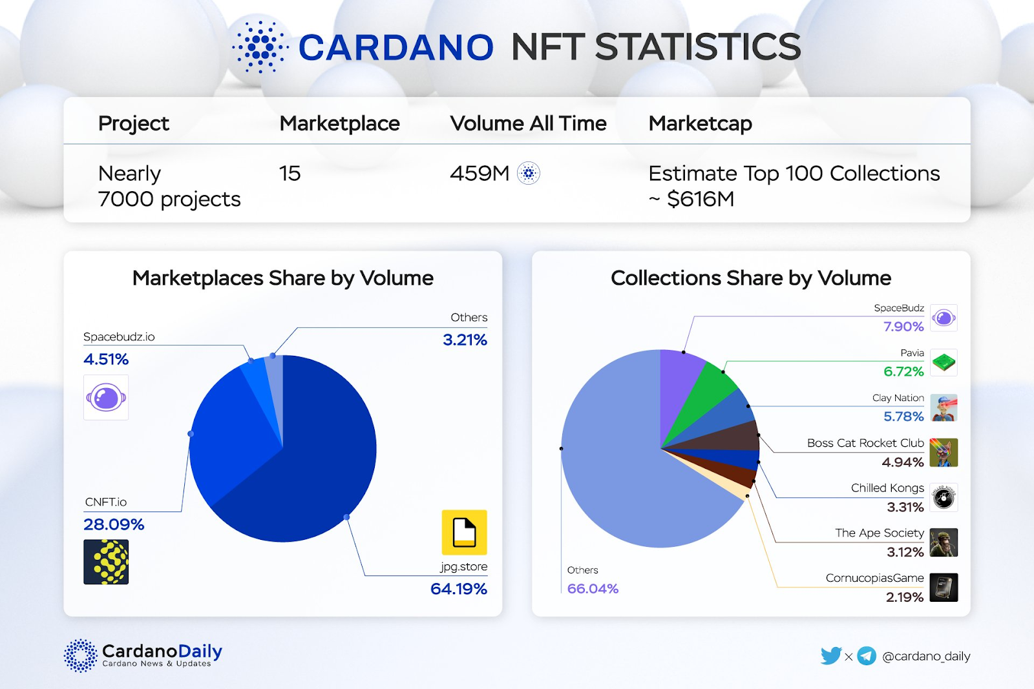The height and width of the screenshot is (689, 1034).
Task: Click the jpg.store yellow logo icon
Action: coord(464,532)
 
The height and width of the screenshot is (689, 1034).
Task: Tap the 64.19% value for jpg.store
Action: coord(458,589)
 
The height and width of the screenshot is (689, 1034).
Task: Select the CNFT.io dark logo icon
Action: coord(106,562)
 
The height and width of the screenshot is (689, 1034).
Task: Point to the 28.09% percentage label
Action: coord(114,524)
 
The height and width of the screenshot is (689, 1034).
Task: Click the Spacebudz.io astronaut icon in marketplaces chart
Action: coord(106,397)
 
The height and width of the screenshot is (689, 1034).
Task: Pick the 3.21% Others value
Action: coord(465,340)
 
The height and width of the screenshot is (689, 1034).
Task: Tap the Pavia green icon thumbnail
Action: coord(944,362)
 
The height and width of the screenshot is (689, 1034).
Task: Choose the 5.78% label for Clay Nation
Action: coord(903,416)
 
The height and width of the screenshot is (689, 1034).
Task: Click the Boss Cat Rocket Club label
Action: coord(865,443)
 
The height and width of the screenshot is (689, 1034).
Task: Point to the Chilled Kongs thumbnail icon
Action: coord(944,497)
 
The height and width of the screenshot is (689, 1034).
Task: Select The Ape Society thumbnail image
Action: coord(944,542)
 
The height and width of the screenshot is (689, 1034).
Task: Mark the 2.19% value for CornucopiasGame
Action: coord(905,597)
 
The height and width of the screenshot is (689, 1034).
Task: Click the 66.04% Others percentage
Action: coord(593,589)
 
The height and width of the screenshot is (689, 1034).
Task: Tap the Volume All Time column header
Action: coord(528,123)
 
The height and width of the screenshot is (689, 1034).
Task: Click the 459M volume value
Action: coord(480,173)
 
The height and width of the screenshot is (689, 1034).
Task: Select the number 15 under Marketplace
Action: coord(290,173)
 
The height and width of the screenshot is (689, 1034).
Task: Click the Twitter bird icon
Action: coord(830,656)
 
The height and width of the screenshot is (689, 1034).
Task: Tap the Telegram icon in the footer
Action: coord(867,656)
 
